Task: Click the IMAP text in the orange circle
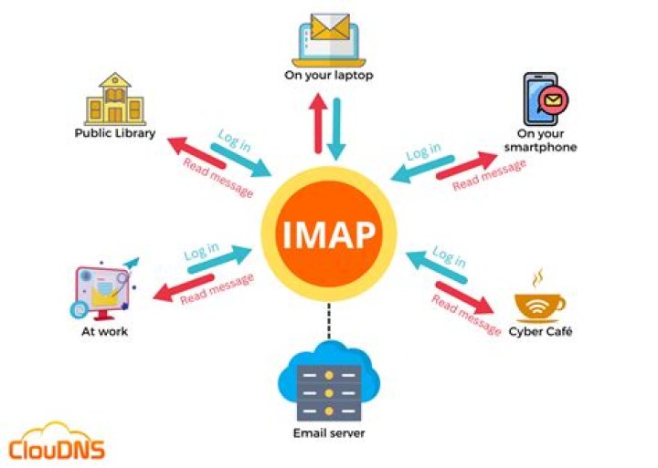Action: [x=329, y=234]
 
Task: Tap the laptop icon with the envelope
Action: [x=329, y=40]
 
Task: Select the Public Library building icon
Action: [x=115, y=99]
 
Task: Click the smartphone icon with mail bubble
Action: [x=546, y=99]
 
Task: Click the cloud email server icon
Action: [x=329, y=381]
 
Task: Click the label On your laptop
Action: [x=329, y=76]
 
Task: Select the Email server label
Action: [x=329, y=432]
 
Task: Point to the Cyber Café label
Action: [x=540, y=331]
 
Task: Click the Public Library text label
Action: [x=115, y=133]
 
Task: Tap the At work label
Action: [x=104, y=331]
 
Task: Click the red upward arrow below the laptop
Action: [x=318, y=123]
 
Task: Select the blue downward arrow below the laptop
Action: [x=336, y=130]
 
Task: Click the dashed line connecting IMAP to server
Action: [x=329, y=321]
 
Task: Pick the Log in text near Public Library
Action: [x=235, y=140]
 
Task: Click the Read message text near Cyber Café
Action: [x=466, y=315]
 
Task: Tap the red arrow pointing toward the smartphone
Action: [x=467, y=165]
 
